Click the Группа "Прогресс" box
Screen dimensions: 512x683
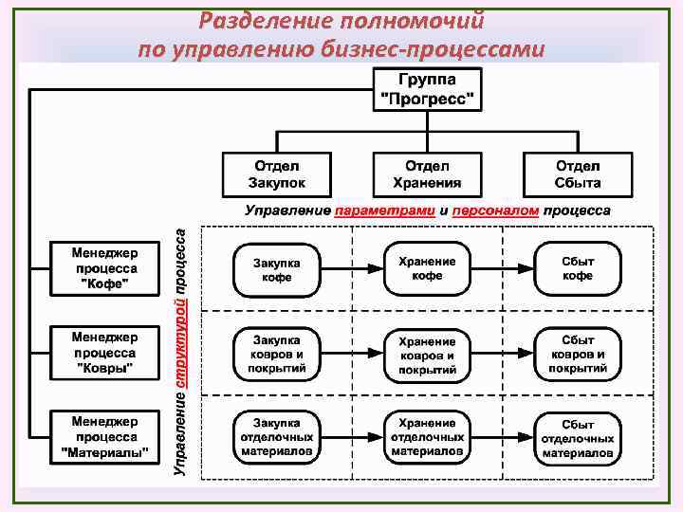pos(427,89)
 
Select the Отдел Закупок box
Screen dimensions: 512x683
pos(277,174)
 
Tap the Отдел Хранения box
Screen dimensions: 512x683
pos(427,174)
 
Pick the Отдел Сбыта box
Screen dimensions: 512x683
pos(578,174)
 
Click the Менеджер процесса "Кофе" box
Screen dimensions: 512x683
pos(104,268)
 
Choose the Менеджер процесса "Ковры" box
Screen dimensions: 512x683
pos(104,352)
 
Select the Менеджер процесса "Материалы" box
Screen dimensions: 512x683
pos(104,437)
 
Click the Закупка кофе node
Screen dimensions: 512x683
pos(277,269)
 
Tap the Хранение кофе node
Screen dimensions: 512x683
pos(427,268)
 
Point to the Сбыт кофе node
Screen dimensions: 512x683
pos(578,268)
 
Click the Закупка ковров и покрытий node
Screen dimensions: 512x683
pos(277,354)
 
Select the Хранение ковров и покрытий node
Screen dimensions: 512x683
pos(427,355)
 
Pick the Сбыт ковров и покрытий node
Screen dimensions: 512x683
pos(578,354)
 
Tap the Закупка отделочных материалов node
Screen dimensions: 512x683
pos(277,437)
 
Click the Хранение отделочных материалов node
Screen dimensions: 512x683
pos(427,437)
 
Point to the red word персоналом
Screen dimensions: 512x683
pos(494,210)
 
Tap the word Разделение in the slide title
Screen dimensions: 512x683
pos(259,19)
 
